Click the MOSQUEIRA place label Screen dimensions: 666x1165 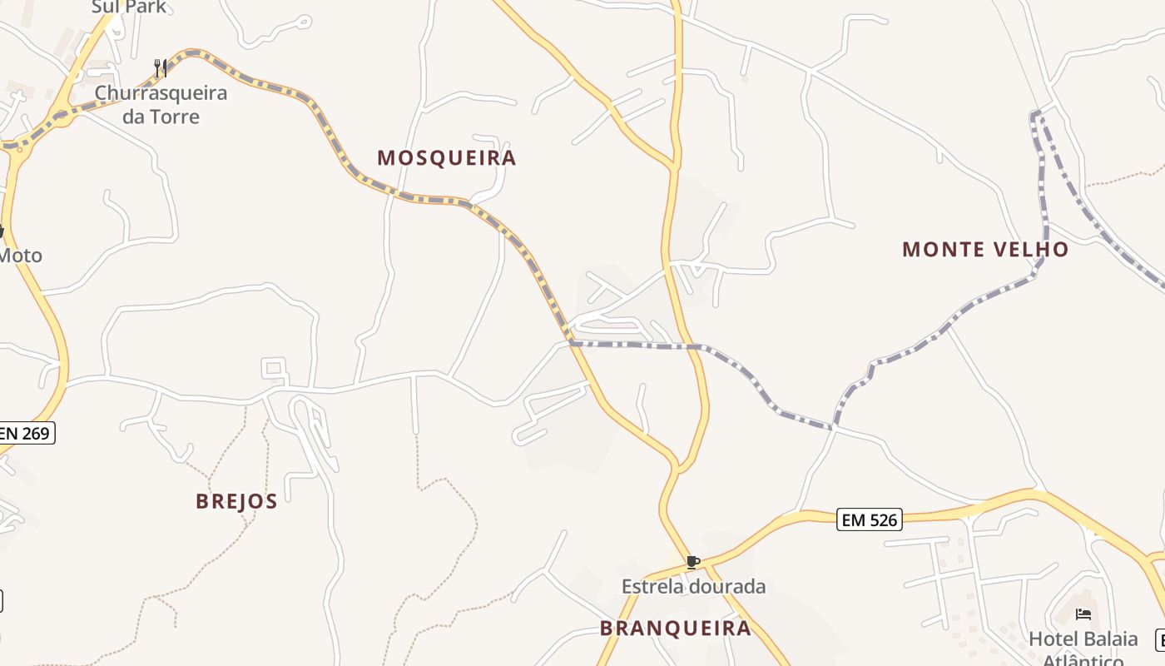pos(447,158)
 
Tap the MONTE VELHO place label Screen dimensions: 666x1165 pos(985,250)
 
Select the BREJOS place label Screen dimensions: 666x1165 pos(236,501)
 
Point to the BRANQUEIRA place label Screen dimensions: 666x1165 pos(676,629)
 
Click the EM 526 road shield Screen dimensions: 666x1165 pos(870,520)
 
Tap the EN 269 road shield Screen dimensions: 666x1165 pos(27,433)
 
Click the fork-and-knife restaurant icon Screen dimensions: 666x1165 pos(161,67)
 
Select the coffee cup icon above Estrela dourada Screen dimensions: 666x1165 pos(692,563)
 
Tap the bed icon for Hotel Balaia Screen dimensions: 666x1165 pos(1083,614)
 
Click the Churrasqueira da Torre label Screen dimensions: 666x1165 pos(161,104)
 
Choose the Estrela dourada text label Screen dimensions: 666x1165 pos(693,586)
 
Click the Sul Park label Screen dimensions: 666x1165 pos(129,7)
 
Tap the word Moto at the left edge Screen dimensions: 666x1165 pos(20,256)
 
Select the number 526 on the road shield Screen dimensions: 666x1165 pos(881,520)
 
